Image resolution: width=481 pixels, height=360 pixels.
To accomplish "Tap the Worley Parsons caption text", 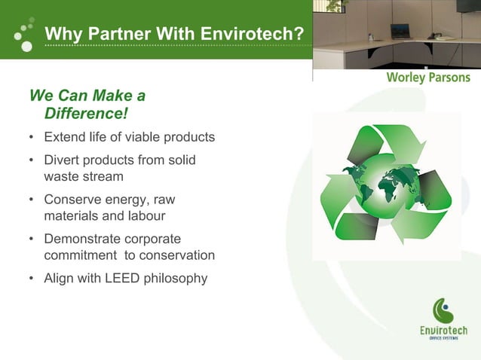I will pyautogui.click(x=427, y=78).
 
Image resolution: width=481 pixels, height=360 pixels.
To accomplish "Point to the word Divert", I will pyautogui.click(x=61, y=160).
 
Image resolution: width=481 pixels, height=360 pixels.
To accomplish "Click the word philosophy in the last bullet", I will pyautogui.click(x=176, y=278).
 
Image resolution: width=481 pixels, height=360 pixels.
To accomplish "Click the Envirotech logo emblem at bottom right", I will pyautogui.click(x=443, y=310).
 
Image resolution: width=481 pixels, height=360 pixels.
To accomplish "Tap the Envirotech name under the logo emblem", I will pyautogui.click(x=443, y=331).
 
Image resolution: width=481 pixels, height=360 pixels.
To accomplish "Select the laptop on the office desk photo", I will pyautogui.click(x=400, y=32).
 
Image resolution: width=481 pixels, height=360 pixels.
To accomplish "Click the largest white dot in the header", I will pyautogui.click(x=26, y=47).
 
